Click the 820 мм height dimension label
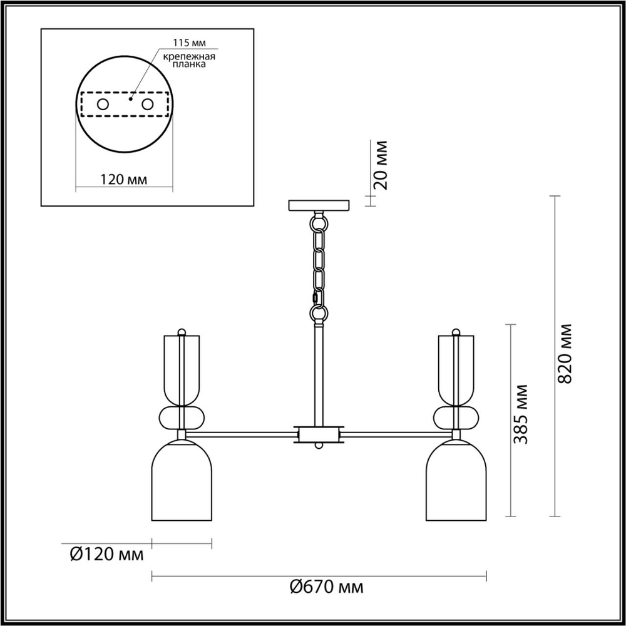tap(565, 354)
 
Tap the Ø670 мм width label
tap(326, 587)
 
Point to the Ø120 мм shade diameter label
tap(107, 554)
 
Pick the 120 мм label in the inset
tap(124, 180)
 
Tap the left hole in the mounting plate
tap(102, 105)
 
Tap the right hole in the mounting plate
tap(148, 105)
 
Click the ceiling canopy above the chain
tap(319, 205)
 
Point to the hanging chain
tap(319, 266)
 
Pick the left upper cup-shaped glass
tap(181, 369)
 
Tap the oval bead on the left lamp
tap(181, 418)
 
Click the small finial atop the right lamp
tap(456, 331)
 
